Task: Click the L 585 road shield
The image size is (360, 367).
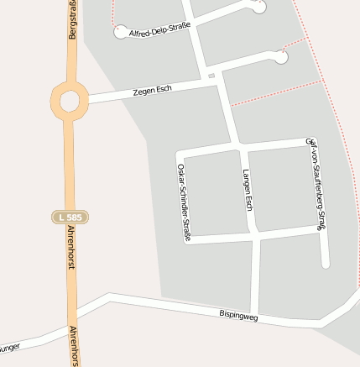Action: pos(70,217)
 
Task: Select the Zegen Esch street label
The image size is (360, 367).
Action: pos(152,89)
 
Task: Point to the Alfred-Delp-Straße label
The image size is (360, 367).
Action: pos(159,29)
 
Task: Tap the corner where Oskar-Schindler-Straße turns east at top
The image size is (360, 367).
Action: pos(180,154)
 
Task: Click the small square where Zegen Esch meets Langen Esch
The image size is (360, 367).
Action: pos(212,76)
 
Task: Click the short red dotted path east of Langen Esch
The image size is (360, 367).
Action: pos(274,93)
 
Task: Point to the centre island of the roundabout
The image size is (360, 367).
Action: pos(69,101)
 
